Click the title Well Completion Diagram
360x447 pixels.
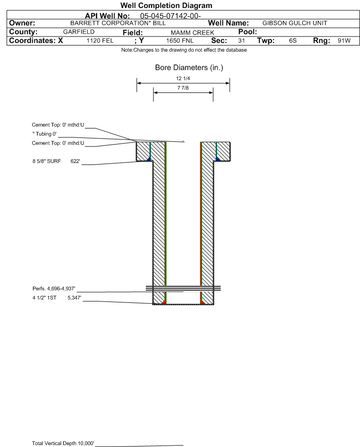click(166, 5)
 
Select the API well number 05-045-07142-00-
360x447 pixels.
click(170, 16)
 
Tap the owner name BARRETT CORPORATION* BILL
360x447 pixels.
click(118, 23)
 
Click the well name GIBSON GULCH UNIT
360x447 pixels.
click(295, 23)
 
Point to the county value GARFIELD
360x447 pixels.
click(79, 32)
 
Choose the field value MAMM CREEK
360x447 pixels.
click(192, 33)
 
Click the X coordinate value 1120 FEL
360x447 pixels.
click(100, 41)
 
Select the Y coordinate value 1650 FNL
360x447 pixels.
click(180, 41)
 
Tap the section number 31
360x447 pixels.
click(241, 41)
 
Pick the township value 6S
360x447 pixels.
click(293, 41)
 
